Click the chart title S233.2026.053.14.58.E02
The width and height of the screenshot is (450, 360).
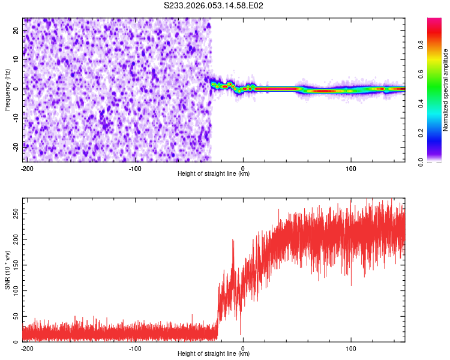[x=214, y=6]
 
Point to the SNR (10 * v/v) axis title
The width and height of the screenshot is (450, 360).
[x=7, y=269]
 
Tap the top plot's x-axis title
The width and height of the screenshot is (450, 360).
[x=214, y=174]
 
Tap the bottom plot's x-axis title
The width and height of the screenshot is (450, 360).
[x=214, y=354]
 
